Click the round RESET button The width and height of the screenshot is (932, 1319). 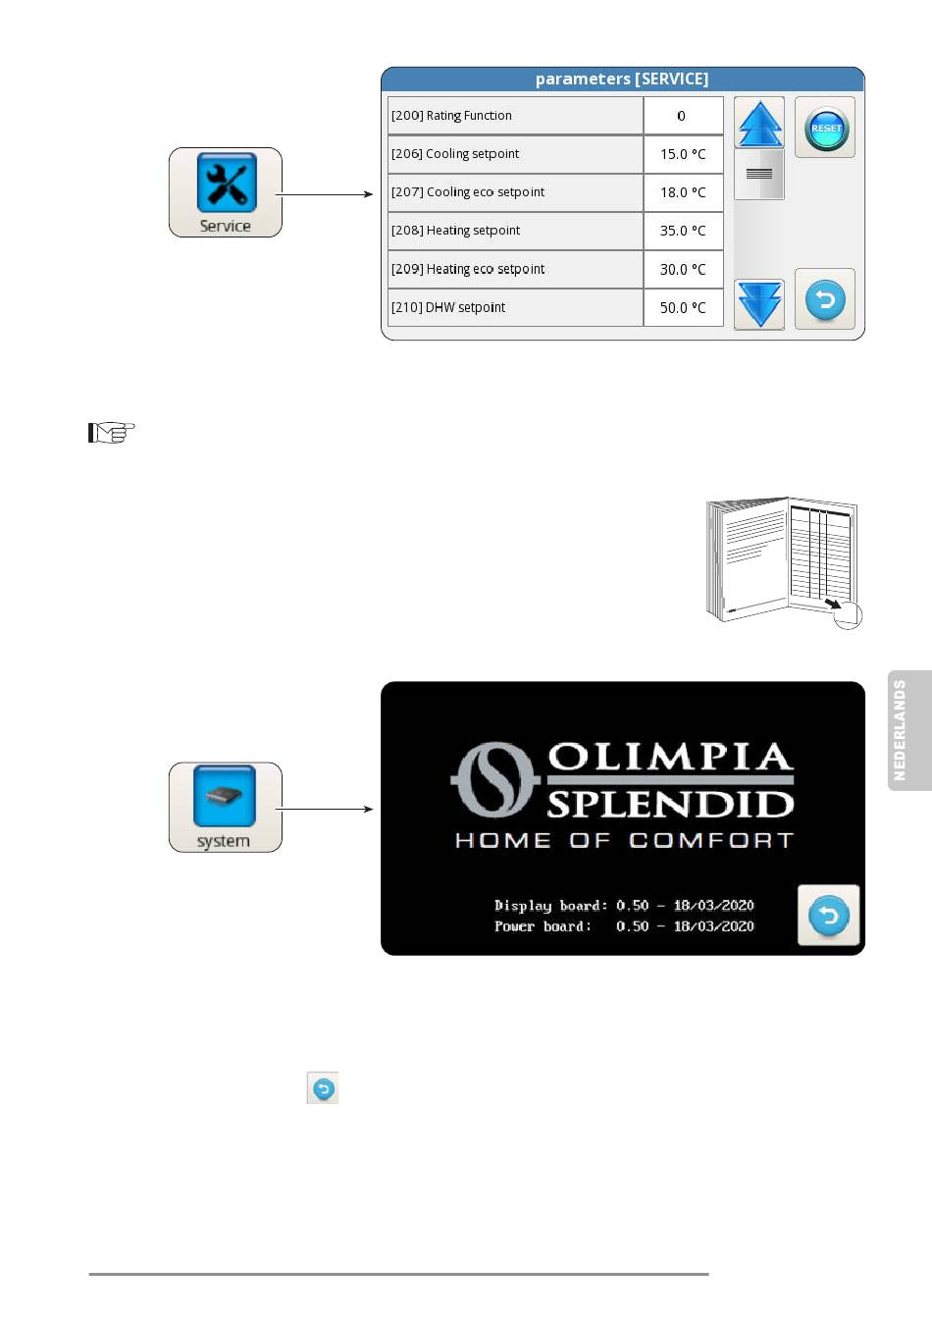click(x=825, y=128)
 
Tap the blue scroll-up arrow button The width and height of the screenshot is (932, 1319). click(x=759, y=123)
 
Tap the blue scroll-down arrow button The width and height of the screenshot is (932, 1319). click(x=759, y=304)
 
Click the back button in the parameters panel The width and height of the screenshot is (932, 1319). click(x=825, y=299)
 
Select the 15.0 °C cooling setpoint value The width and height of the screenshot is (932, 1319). click(x=683, y=154)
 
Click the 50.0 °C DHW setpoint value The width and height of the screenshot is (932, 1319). click(x=683, y=307)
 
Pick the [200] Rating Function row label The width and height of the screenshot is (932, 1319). click(x=451, y=116)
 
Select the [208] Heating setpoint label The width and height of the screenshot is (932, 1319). click(x=455, y=231)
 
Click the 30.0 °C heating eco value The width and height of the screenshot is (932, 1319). click(x=683, y=269)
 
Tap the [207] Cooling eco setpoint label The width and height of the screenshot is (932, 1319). click(x=468, y=192)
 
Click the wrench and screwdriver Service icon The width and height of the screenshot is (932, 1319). click(x=227, y=183)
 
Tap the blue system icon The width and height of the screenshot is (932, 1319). click(x=225, y=796)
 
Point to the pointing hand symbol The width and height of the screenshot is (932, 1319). click(x=111, y=433)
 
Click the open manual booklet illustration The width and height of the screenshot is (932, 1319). click(x=784, y=561)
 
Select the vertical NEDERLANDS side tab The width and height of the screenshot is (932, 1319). click(x=909, y=730)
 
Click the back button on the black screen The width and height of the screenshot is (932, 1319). click(x=828, y=915)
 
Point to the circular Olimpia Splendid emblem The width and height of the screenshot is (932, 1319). click(x=494, y=779)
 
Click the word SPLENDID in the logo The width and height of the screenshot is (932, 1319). click(x=671, y=805)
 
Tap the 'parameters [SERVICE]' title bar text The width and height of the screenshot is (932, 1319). click(x=622, y=79)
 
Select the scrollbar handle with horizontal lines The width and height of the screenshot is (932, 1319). click(x=759, y=174)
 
